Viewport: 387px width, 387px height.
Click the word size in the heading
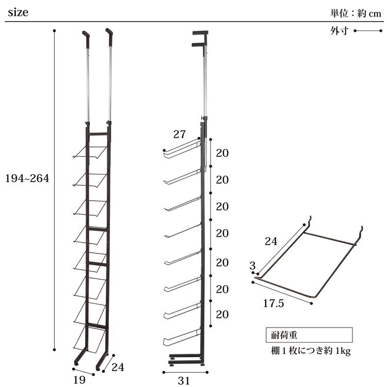coord(18,12)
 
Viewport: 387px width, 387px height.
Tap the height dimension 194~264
coord(27,178)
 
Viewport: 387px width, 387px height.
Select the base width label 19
coord(79,380)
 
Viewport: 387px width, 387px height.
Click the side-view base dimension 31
coord(184,381)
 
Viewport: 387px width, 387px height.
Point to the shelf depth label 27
coord(180,134)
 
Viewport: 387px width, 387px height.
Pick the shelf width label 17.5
coord(273,303)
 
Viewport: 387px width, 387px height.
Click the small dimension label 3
coord(252,266)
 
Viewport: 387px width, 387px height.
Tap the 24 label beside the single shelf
coord(271,241)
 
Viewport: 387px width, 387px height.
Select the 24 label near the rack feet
coord(118,367)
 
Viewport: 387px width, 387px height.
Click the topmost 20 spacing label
coord(222,153)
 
